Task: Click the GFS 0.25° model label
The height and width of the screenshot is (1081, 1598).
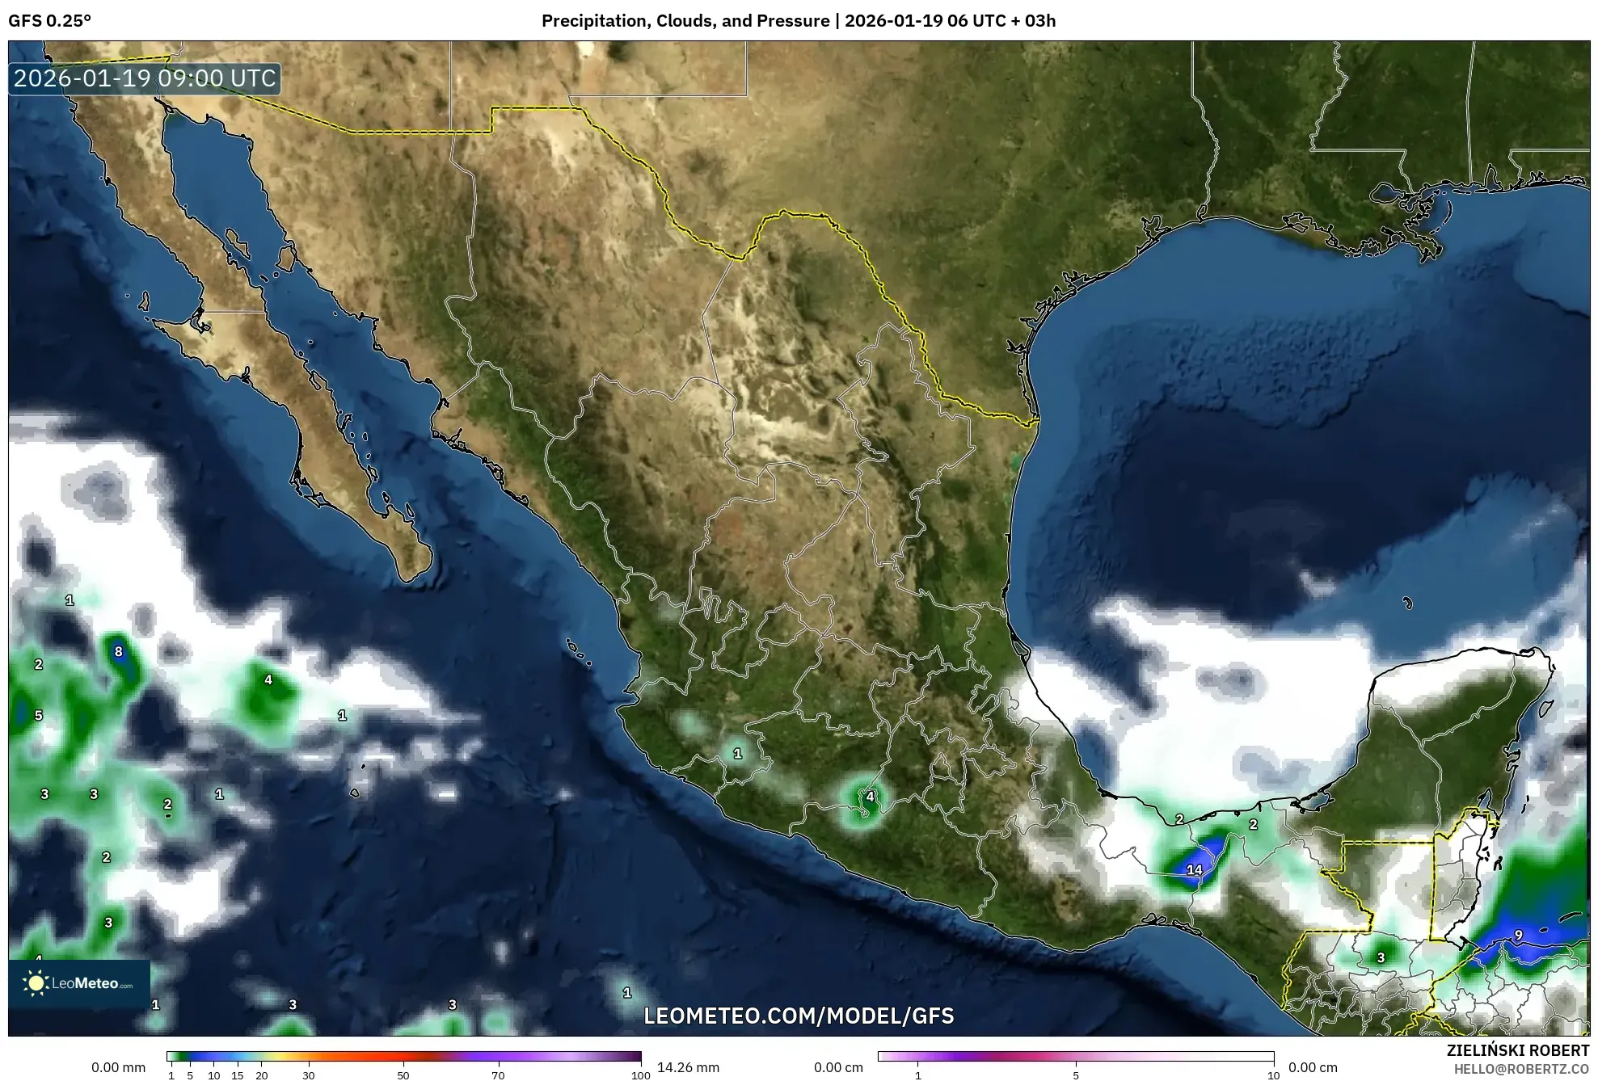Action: pos(49,21)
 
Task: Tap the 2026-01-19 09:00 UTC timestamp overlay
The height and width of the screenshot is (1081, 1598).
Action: pos(145,78)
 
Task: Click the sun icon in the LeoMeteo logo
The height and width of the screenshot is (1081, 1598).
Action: pos(36,983)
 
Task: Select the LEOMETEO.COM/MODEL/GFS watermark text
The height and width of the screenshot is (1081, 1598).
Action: pos(799,1016)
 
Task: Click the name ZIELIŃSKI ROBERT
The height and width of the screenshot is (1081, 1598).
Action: pos(1517,1050)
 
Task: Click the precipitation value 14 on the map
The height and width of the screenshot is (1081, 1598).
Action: pos(1194,870)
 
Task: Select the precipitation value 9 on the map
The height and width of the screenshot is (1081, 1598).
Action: pos(1518,935)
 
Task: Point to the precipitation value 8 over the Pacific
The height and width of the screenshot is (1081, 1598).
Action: pos(119,652)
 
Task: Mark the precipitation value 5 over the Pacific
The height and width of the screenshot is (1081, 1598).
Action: pos(38,716)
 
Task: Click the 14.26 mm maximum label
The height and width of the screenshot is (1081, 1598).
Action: pos(688,1067)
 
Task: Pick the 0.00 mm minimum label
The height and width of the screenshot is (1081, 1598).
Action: pos(118,1067)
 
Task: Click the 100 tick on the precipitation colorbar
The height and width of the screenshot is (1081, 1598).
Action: pos(640,1075)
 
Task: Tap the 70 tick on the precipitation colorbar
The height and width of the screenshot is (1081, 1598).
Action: pos(498,1075)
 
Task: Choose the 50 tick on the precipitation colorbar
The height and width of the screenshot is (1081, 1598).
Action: pos(403,1075)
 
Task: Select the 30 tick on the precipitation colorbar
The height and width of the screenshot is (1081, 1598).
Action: pos(309,1075)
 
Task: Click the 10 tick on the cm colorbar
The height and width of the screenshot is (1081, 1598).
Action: pos(1273,1075)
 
